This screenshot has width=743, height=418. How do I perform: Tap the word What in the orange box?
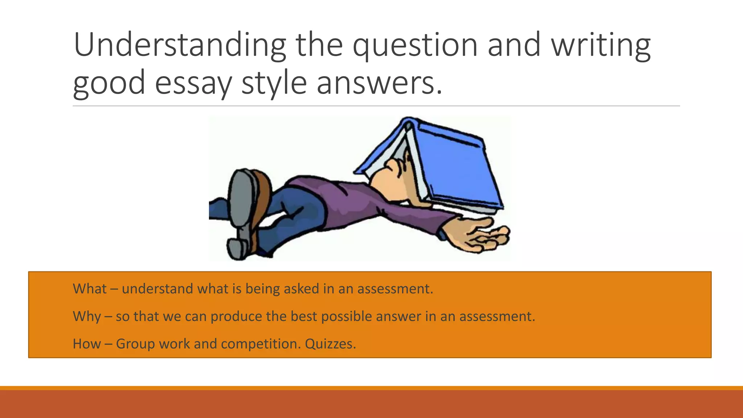90,289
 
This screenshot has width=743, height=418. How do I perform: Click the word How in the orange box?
87,344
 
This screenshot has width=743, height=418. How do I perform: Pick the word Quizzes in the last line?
330,344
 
